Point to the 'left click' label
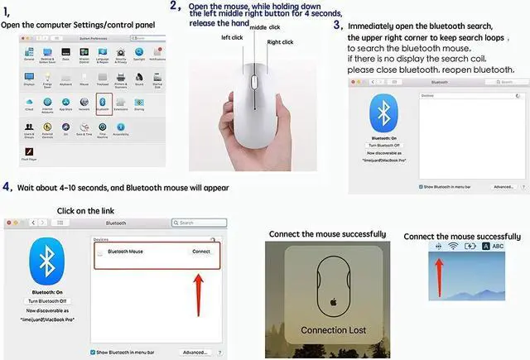232,36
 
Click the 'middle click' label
264,27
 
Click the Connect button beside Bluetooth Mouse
201,252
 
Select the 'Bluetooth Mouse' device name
126,252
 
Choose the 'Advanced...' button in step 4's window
195,352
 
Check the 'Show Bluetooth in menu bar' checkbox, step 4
93,352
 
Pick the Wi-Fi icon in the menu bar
452,246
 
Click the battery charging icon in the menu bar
470,246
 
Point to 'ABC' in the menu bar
498,246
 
